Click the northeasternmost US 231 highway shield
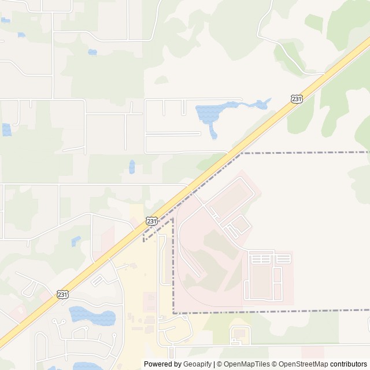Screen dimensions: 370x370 pos(296,99)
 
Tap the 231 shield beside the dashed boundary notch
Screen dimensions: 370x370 pos(151,221)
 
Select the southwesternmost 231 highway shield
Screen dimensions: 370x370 pos(63,294)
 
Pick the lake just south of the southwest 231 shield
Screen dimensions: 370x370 pos(92,316)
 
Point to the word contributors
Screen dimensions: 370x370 pos(349,364)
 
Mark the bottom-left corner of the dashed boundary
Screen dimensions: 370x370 pos(173,313)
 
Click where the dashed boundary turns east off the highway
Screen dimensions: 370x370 pos(242,153)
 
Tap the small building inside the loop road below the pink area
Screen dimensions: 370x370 pos(239,333)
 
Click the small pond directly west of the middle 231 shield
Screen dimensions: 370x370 pos(76,240)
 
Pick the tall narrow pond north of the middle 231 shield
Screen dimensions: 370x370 pos(132,166)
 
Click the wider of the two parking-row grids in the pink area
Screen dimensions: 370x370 pos(261,258)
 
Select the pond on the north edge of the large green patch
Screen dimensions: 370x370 pos(92,52)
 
